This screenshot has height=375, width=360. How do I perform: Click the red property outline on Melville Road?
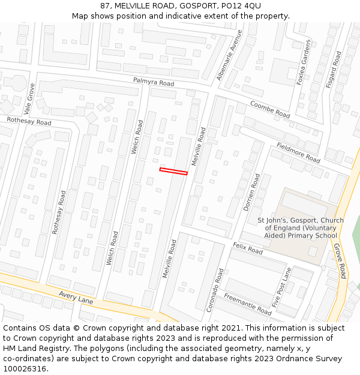[173, 172]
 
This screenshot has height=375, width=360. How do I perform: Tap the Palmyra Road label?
[153, 82]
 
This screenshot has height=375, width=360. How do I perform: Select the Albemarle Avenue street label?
[230, 55]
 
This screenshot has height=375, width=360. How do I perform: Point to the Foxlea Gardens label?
[304, 62]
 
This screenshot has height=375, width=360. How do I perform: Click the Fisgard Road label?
[333, 70]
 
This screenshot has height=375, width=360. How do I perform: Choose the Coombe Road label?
[269, 109]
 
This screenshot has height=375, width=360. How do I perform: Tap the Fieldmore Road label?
[298, 152]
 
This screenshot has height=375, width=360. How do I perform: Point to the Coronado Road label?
[215, 290]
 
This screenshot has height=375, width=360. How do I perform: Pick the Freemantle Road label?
[248, 304]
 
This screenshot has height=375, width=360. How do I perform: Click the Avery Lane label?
[76, 297]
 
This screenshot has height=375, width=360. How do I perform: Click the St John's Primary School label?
[301, 228]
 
